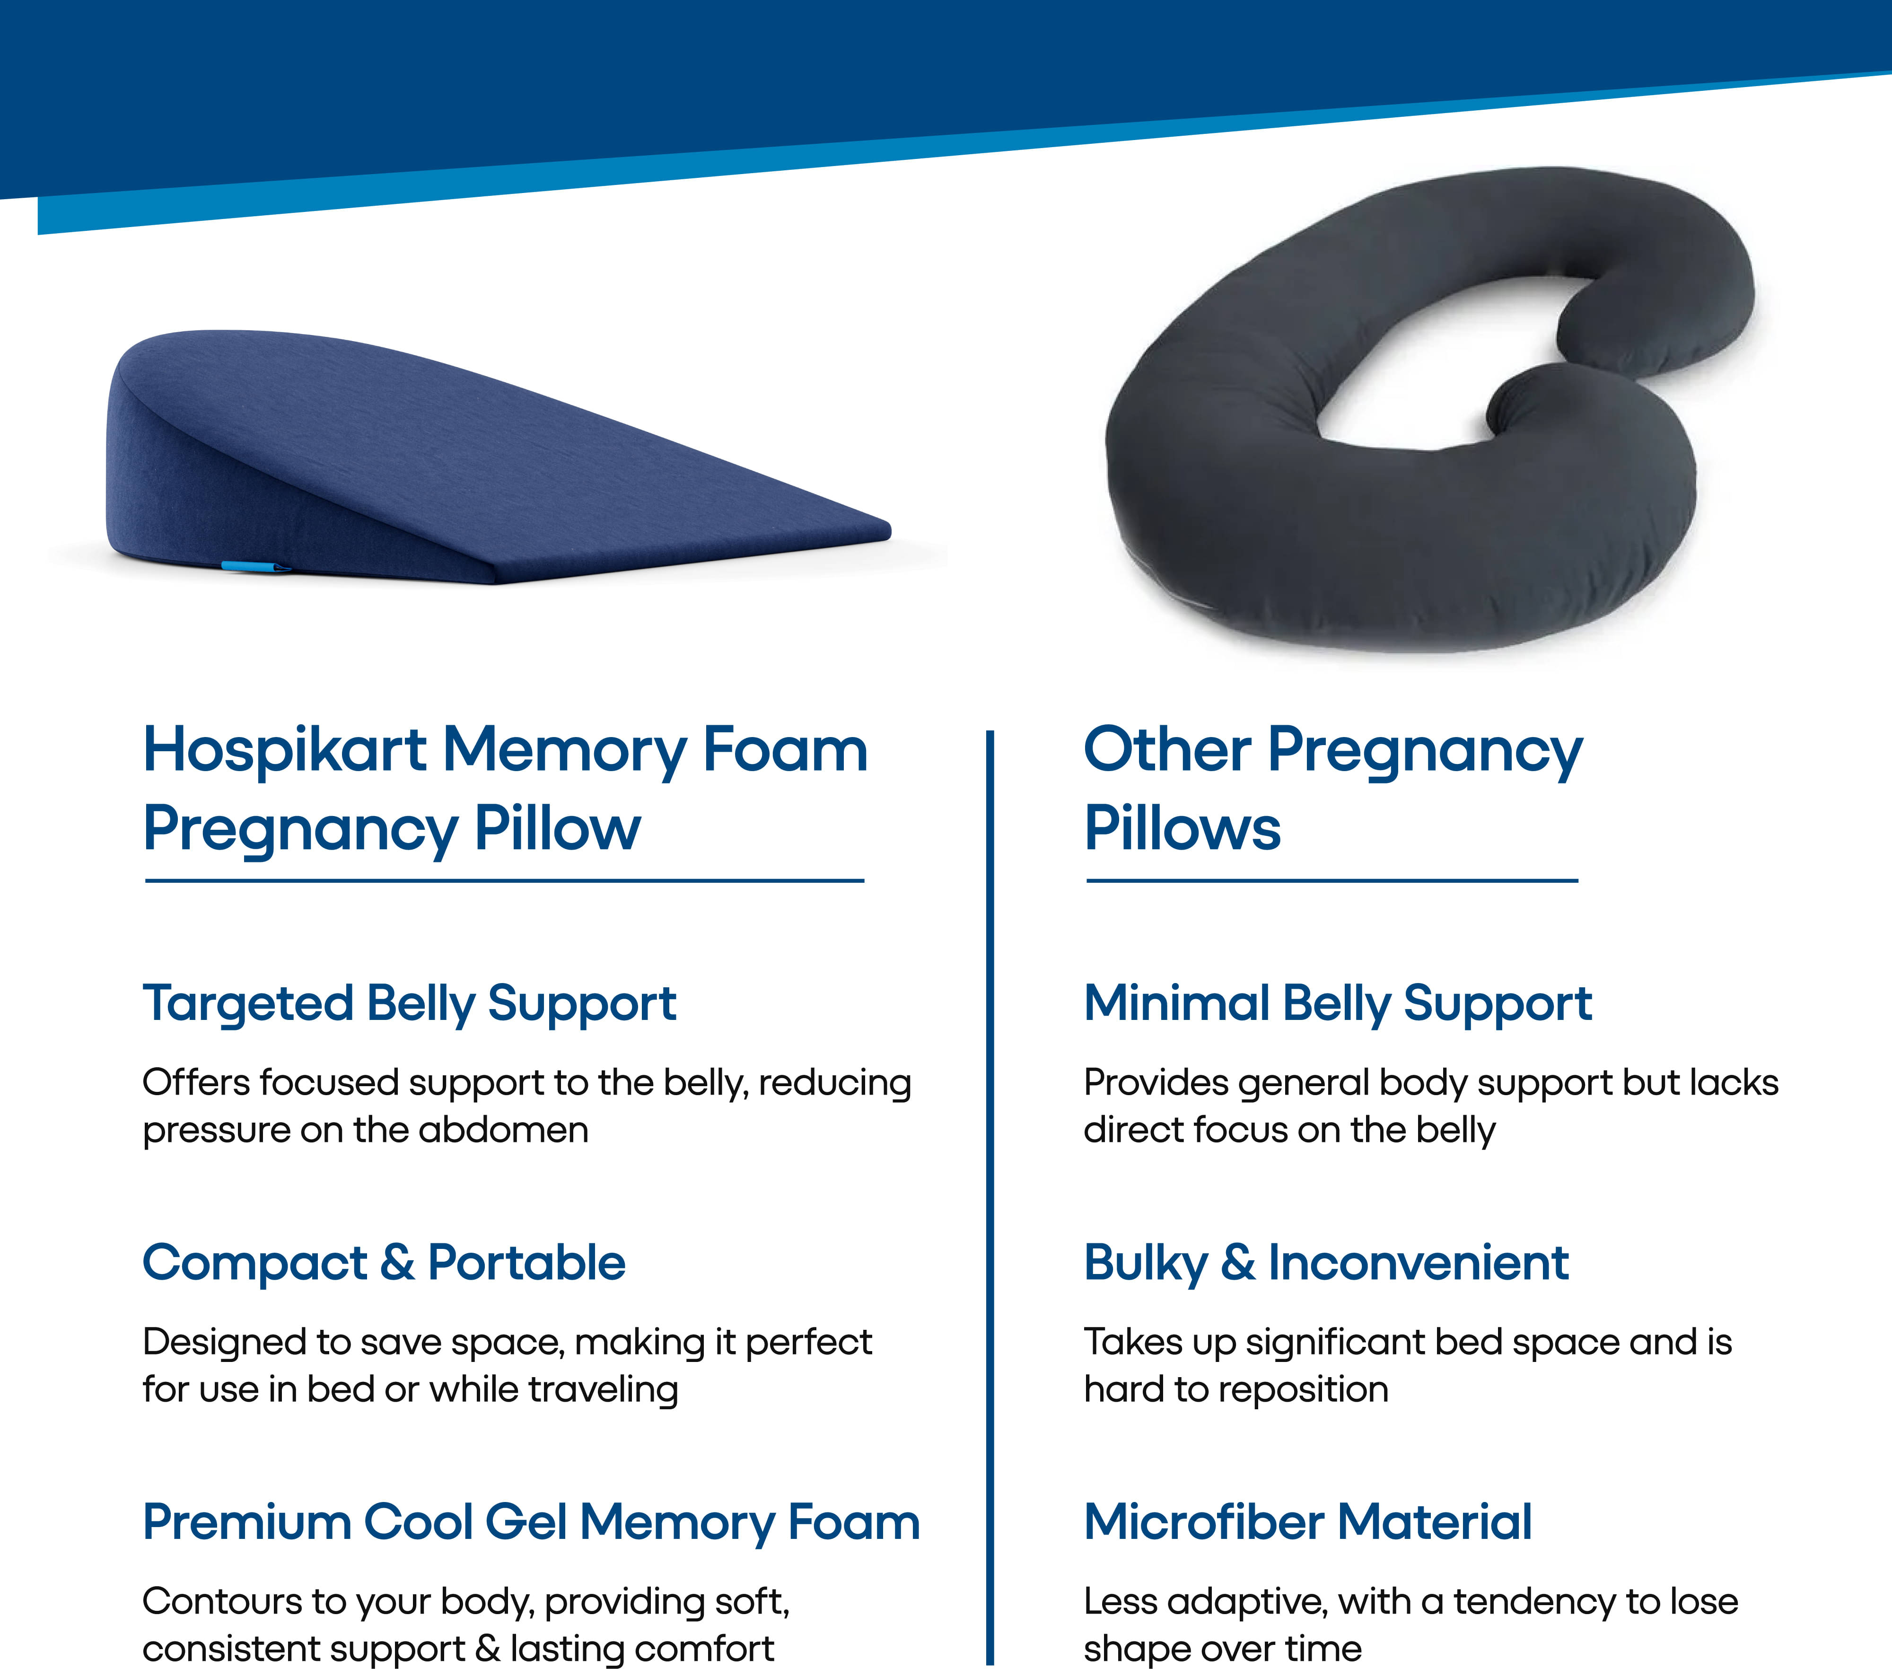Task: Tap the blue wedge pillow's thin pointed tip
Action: [x=887, y=531]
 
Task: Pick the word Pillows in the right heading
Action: [x=1182, y=827]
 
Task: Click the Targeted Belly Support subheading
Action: [x=409, y=1004]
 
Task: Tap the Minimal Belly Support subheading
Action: [x=1338, y=1004]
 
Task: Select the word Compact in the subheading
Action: [x=254, y=1264]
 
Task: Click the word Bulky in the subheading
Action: [x=1145, y=1264]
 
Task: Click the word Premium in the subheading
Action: [x=247, y=1523]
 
